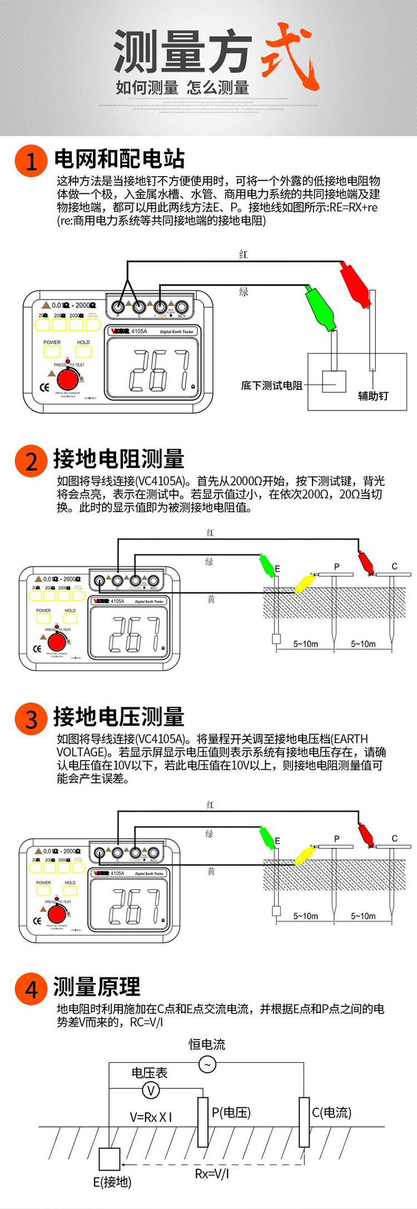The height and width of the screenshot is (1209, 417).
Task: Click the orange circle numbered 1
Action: [x=31, y=161]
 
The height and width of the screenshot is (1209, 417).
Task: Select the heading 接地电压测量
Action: [x=118, y=717]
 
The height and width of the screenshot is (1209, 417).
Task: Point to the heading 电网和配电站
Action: [x=120, y=159]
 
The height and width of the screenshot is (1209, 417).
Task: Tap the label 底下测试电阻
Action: [x=271, y=385]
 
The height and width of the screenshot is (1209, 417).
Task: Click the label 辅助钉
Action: [x=373, y=396]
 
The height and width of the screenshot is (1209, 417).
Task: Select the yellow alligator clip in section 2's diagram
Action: [x=305, y=583]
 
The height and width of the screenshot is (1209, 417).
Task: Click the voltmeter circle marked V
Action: [x=151, y=1090]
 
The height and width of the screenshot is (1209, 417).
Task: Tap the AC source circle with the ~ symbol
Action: [x=207, y=1065]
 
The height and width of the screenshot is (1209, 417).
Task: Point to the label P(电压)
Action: [x=231, y=1112]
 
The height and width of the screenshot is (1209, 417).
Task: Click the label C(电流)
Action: [x=331, y=1112]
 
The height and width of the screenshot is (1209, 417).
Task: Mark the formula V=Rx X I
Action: [x=151, y=1117]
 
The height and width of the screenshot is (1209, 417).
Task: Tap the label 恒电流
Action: [x=207, y=1044]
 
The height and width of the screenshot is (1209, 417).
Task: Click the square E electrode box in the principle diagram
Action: [x=110, y=1159]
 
